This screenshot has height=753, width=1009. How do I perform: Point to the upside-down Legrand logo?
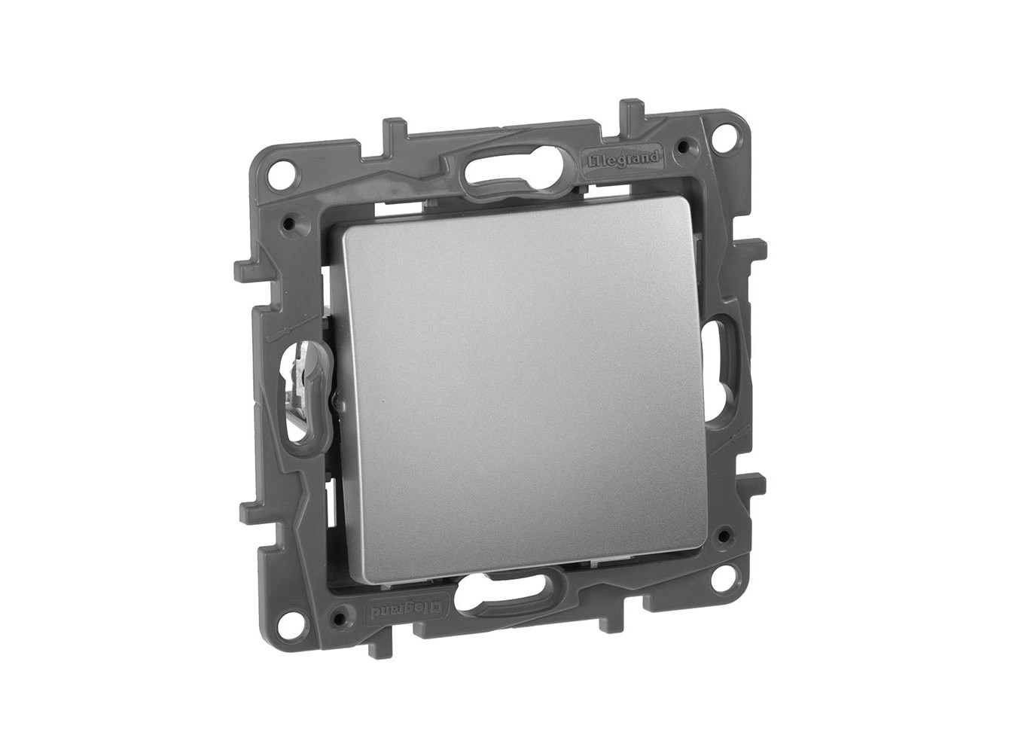coord(404,610)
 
